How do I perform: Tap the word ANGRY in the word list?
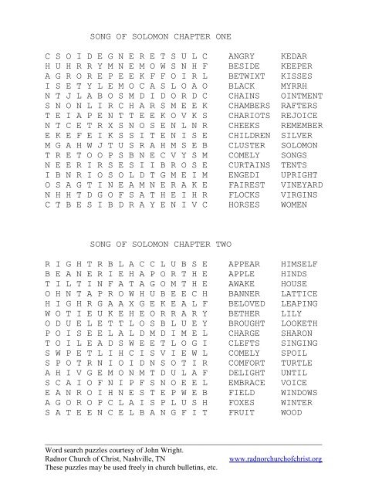click(x=242, y=56)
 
